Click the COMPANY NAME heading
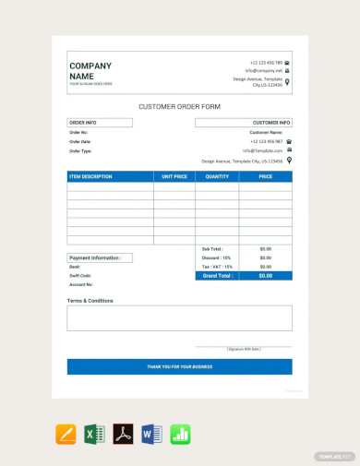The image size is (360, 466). (x=90, y=71)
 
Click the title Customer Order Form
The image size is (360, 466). (x=179, y=106)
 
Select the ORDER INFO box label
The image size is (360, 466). (x=83, y=122)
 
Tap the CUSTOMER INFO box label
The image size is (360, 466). (x=271, y=122)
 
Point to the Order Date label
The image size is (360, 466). (x=80, y=141)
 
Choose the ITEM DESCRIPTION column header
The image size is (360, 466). (x=90, y=175)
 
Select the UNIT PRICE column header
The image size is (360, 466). (x=174, y=175)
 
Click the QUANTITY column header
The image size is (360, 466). (x=217, y=175)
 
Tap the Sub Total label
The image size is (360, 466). (x=211, y=249)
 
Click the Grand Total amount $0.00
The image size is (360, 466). (x=265, y=275)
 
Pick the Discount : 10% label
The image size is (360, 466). (x=217, y=257)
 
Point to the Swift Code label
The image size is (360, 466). (x=80, y=275)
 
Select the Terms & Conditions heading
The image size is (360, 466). (x=90, y=301)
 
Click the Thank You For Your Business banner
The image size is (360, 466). (x=179, y=366)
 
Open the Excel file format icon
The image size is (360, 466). (x=94, y=434)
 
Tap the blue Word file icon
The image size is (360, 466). (x=152, y=434)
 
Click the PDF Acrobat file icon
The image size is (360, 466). (x=124, y=434)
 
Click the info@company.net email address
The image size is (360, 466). (x=263, y=71)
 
